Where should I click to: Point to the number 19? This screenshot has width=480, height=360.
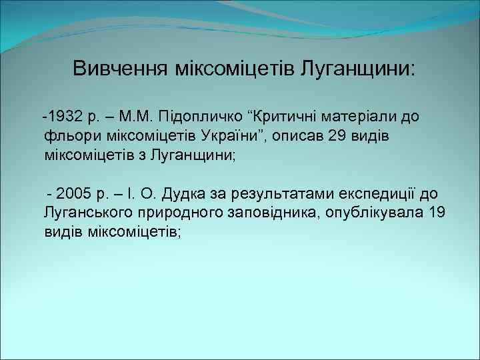[437, 213]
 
